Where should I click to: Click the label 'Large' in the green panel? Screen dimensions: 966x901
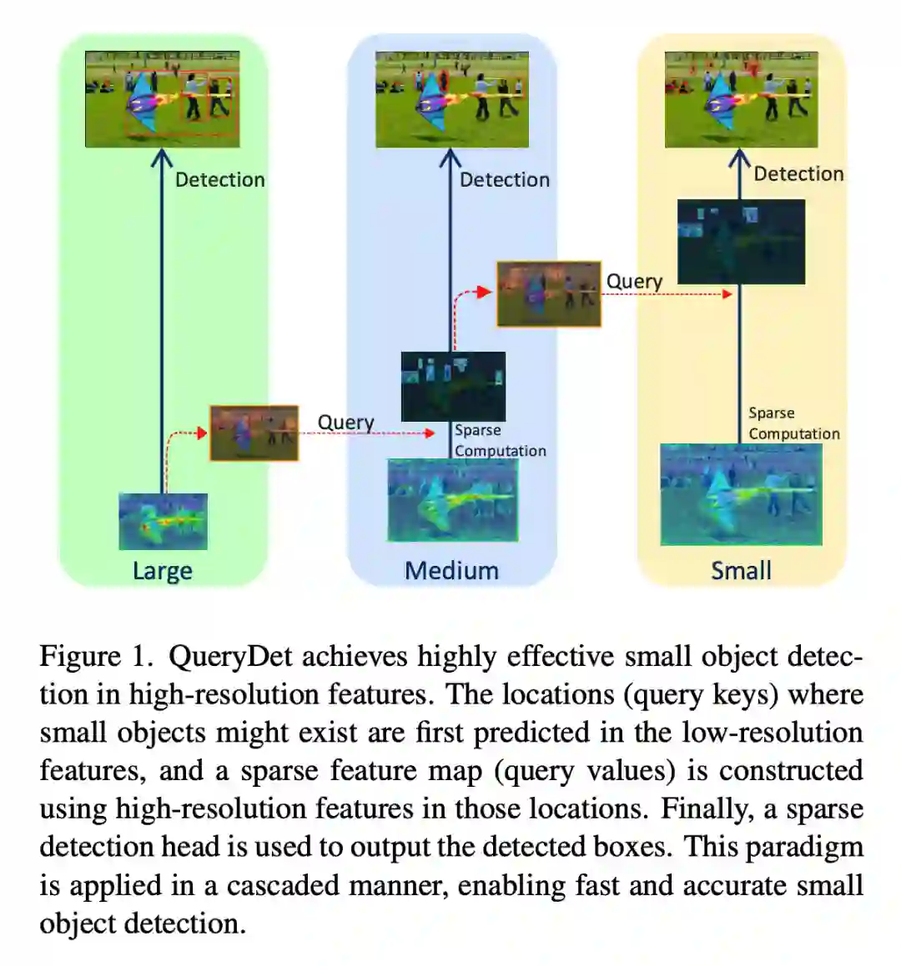[163, 571]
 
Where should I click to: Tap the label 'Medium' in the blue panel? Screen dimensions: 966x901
[451, 571]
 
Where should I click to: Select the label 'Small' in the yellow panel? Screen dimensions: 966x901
[741, 571]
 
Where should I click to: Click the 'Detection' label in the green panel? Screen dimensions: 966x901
[219, 180]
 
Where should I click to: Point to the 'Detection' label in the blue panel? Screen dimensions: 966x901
[505, 180]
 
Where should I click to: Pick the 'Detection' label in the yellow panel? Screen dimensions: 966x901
[798, 174]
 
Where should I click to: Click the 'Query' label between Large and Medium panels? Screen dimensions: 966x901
[345, 423]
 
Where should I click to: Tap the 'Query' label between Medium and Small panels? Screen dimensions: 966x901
[634, 282]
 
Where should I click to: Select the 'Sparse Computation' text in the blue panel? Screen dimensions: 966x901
[500, 441]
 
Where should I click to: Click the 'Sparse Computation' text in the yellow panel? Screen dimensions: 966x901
[793, 423]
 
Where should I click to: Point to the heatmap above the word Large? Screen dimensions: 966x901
[163, 522]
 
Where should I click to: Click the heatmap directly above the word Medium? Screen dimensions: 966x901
[452, 499]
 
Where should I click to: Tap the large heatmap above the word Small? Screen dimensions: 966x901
[741, 494]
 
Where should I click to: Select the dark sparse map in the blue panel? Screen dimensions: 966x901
[453, 386]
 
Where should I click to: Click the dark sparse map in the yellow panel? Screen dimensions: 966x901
[741, 242]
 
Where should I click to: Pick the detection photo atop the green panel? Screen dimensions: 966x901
[163, 99]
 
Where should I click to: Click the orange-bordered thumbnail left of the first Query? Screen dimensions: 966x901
[254, 433]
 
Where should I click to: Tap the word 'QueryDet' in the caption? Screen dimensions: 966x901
[230, 657]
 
